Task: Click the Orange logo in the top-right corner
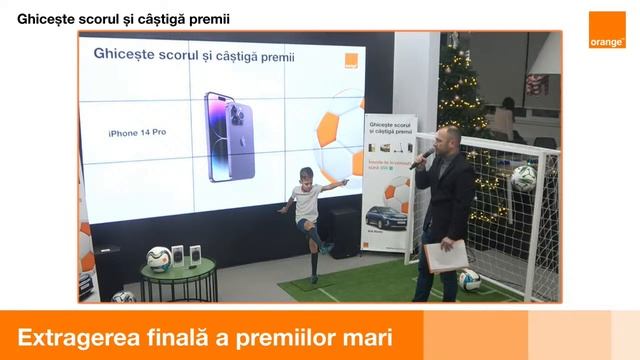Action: click(x=606, y=30)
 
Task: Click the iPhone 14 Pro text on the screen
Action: click(x=137, y=132)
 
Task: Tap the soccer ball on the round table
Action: click(x=159, y=259)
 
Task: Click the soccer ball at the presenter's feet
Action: click(x=468, y=279)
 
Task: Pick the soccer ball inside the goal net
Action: click(x=523, y=177)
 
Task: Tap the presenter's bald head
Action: click(x=450, y=134)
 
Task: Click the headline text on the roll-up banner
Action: click(x=390, y=126)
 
